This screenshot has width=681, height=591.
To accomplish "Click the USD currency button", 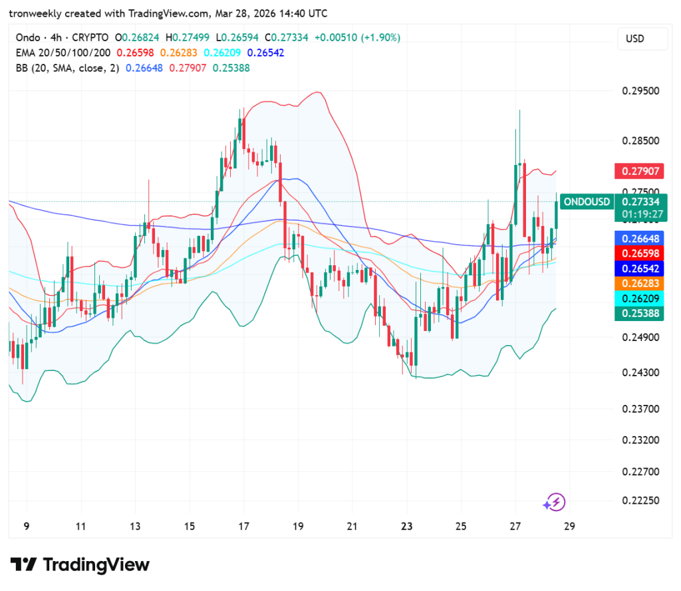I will pos(635,39).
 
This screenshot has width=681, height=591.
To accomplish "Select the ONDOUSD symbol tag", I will pos(587,201).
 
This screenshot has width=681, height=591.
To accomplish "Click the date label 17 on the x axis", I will pos(243,527).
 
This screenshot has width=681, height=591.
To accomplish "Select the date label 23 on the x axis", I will pos(406,527).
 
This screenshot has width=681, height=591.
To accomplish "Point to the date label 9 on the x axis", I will pos(27,527).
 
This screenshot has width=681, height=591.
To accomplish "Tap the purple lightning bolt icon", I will pos(555,502).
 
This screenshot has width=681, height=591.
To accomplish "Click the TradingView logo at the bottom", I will pos(79,565).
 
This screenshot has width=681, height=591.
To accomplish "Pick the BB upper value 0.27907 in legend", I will pos(188,67).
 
